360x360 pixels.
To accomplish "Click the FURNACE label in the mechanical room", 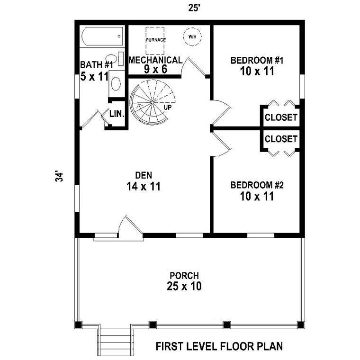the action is click(156, 40).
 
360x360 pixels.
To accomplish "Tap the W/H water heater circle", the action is click(192, 36).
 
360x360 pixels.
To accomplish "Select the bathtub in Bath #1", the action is click(102, 36).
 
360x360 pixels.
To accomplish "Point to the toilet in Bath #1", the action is click(114, 59).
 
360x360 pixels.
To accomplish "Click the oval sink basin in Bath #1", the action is click(116, 83).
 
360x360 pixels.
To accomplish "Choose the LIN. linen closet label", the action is click(117, 114).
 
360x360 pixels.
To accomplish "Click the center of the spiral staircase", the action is click(152, 102).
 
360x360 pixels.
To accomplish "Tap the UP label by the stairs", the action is click(168, 107).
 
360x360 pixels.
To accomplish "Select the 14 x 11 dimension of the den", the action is click(144, 187).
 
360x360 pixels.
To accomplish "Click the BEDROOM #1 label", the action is click(257, 61).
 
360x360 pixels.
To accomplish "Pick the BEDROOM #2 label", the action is click(257, 185).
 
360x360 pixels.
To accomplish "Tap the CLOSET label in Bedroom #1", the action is click(281, 117).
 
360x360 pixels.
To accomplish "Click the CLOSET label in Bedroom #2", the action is click(281, 139).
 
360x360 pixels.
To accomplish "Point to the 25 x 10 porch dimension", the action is click(184, 286).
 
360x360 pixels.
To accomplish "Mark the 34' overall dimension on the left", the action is click(59, 176).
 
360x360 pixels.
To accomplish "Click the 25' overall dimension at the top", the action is click(193, 8).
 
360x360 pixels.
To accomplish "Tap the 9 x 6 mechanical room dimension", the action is click(155, 69).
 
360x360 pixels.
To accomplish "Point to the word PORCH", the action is click(184, 276).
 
